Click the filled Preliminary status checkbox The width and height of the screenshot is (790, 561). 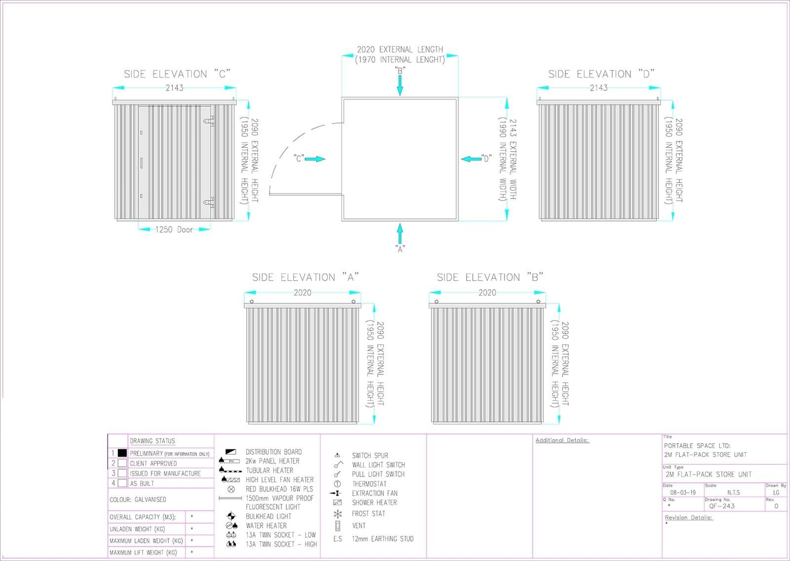(x=122, y=453)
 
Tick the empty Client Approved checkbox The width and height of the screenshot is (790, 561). (x=122, y=463)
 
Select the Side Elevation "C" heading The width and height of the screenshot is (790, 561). (x=177, y=74)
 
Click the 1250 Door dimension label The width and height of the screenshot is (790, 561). (x=174, y=229)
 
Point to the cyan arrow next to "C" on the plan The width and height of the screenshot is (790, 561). (x=315, y=159)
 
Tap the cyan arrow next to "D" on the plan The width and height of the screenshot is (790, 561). (x=471, y=159)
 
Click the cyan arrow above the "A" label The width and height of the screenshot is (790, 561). (x=399, y=233)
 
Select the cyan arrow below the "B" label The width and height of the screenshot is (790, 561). (x=399, y=85)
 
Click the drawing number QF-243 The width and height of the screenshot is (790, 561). (x=722, y=506)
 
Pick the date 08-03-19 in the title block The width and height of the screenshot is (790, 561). (x=683, y=492)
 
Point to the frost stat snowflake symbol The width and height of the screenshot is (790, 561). (x=338, y=514)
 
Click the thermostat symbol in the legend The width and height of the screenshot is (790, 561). (x=337, y=484)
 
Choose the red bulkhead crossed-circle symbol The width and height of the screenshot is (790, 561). (x=231, y=489)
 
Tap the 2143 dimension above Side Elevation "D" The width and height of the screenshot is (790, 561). (x=598, y=87)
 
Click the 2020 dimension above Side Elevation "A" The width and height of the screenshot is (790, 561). (x=303, y=292)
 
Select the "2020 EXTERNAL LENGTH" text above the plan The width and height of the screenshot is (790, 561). (x=400, y=49)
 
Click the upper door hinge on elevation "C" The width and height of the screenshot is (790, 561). (x=209, y=122)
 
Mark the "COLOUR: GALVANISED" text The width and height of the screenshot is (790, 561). (x=138, y=500)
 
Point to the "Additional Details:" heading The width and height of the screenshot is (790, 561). (x=562, y=440)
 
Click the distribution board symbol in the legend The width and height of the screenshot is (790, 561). (x=231, y=452)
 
